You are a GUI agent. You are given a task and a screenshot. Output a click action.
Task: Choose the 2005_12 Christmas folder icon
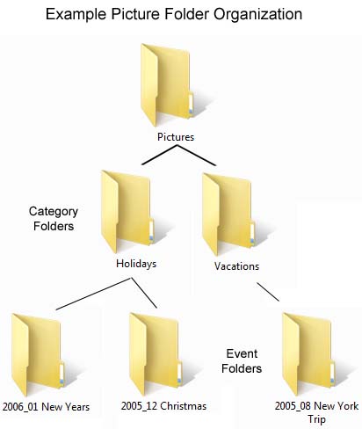[x=155, y=352]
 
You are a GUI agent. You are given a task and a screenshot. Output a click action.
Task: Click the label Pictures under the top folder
[x=176, y=137]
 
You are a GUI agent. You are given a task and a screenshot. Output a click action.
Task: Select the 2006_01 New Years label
[x=46, y=406]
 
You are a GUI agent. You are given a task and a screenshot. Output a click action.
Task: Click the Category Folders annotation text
[x=54, y=218]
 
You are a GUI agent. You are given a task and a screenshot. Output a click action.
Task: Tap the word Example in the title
[x=77, y=15]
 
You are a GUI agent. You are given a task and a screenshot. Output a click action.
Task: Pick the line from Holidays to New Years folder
[x=92, y=295]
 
